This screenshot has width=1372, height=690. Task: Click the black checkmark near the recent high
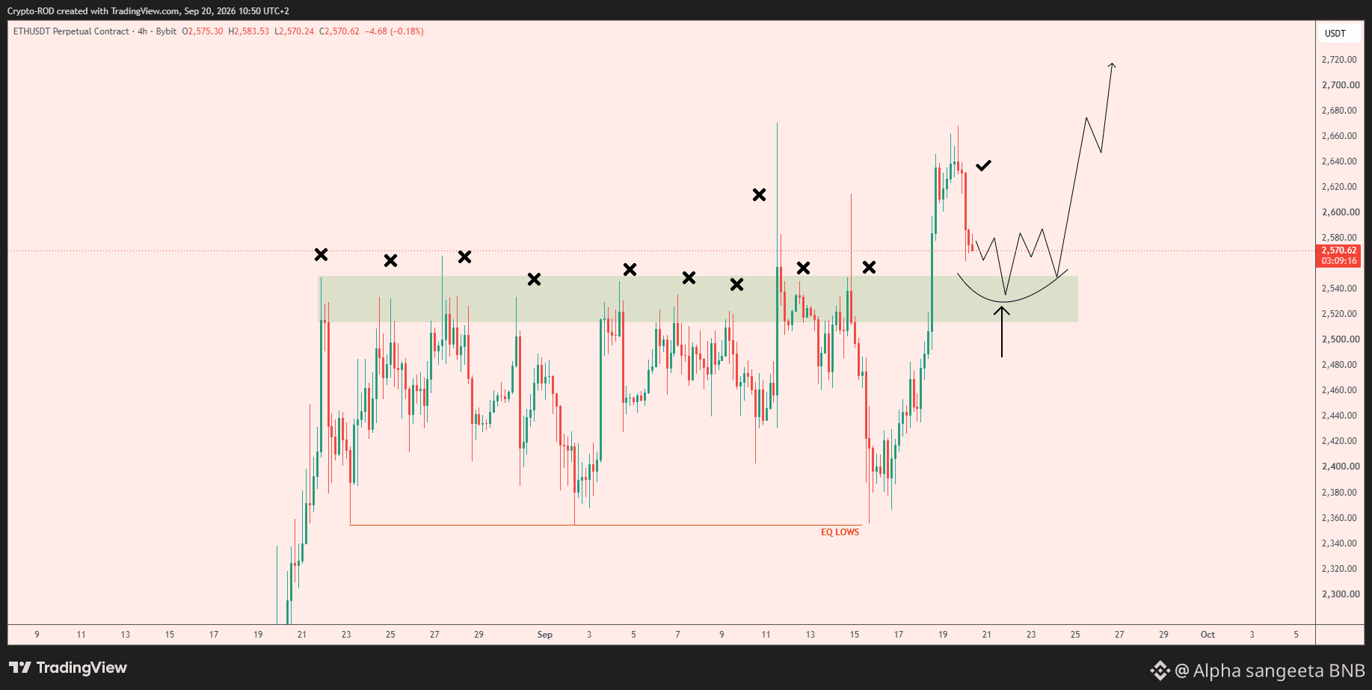click(x=983, y=165)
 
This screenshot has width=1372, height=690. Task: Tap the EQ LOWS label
click(x=840, y=532)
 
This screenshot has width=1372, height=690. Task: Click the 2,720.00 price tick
click(x=1339, y=60)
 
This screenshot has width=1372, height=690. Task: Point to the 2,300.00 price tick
click(x=1339, y=594)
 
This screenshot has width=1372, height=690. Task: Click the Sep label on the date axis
click(x=545, y=635)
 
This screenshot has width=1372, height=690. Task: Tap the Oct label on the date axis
click(x=1208, y=635)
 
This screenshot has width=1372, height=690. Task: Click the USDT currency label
click(x=1335, y=34)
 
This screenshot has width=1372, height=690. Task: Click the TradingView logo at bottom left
click(x=68, y=668)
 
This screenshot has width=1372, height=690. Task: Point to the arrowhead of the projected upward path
click(x=1113, y=65)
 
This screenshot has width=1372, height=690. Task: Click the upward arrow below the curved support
click(x=1002, y=331)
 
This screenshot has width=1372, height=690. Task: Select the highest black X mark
click(x=759, y=195)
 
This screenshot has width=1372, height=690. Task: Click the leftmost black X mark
click(x=321, y=255)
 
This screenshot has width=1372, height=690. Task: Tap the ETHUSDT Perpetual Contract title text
click(x=71, y=31)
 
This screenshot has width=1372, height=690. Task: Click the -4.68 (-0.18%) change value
click(x=394, y=31)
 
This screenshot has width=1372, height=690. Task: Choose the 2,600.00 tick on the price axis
click(x=1339, y=212)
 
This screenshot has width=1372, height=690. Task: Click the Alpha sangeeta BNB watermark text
click(x=1279, y=671)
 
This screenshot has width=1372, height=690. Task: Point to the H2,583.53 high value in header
click(x=248, y=31)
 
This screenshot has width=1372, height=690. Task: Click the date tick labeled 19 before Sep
click(x=258, y=635)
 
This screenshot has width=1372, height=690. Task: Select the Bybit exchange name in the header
click(x=166, y=31)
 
